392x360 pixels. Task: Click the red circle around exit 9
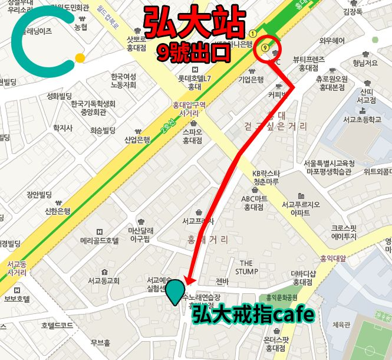(268, 48)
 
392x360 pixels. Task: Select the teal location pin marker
(174, 292)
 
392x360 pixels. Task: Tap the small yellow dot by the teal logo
(79, 58)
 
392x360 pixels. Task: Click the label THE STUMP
(246, 267)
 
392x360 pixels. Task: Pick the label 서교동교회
(104, 280)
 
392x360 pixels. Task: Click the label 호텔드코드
(57, 325)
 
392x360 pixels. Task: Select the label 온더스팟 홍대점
(276, 343)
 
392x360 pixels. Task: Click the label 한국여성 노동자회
(123, 81)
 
